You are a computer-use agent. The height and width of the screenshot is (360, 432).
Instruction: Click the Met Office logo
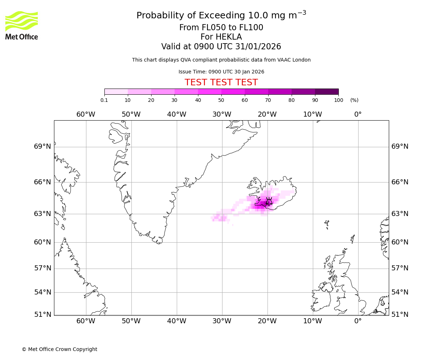pyautogui.click(x=22, y=25)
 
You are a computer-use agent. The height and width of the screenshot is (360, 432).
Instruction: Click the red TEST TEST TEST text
pyautogui.click(x=221, y=82)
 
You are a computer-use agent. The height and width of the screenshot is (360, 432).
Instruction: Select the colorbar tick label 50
pyautogui.click(x=221, y=100)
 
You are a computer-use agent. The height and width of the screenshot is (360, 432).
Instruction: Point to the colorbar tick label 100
pyautogui.click(x=338, y=100)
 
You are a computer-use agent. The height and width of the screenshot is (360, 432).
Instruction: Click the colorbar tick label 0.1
pyautogui.click(x=104, y=100)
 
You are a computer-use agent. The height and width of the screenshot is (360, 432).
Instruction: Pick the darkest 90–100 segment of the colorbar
pyautogui.click(x=327, y=91)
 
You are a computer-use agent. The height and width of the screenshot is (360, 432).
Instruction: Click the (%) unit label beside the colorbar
pyautogui.click(x=354, y=100)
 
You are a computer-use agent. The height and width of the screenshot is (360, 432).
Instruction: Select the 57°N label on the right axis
pyautogui.click(x=400, y=268)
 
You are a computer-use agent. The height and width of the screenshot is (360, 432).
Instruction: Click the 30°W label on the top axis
pyautogui.click(x=222, y=114)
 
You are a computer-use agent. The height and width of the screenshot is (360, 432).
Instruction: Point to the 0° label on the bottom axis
pyautogui.click(x=358, y=321)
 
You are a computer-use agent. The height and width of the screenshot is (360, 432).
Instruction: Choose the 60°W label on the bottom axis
pyautogui.click(x=86, y=321)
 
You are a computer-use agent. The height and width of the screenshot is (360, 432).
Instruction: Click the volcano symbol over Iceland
pyautogui.click(x=269, y=202)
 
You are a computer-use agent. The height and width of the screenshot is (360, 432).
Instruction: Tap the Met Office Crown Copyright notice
pyautogui.click(x=59, y=349)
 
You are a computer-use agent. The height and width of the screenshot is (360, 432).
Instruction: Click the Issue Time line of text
pyautogui.click(x=221, y=72)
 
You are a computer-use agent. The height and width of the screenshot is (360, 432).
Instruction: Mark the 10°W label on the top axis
pyautogui.click(x=312, y=114)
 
